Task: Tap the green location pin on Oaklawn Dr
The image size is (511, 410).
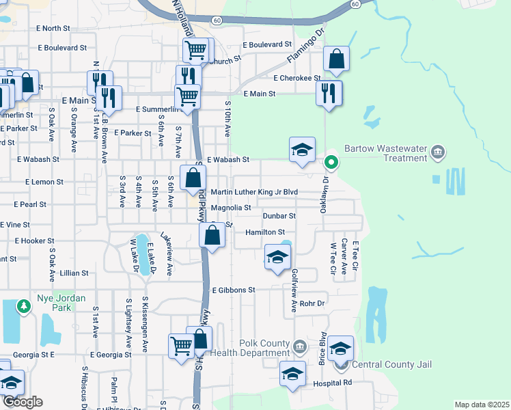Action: tap(331, 163)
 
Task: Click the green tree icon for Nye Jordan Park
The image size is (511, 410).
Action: tap(25, 305)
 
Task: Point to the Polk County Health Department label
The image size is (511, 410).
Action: tap(251, 348)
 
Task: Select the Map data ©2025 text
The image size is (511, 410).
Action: tap(482, 405)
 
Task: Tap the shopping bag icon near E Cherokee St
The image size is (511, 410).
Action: tap(337, 59)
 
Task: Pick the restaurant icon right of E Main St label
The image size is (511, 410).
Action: tap(329, 92)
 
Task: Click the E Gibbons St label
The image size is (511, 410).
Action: tap(233, 290)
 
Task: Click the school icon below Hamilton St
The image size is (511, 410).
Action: tap(277, 257)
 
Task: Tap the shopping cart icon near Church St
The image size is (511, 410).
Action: tap(196, 49)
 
